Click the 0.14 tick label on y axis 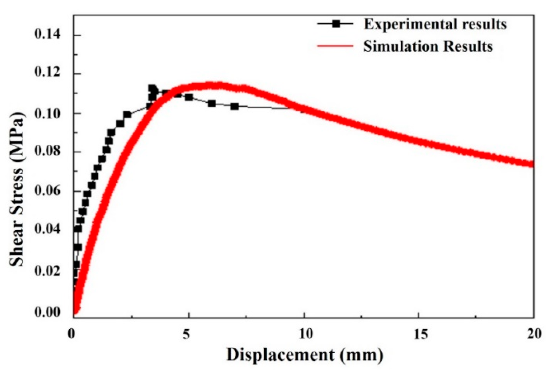pos(47,35)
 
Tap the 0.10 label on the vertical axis pos(47,113)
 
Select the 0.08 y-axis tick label pos(47,151)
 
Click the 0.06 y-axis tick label pos(47,191)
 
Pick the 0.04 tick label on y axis pos(47,230)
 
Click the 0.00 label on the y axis pos(47,312)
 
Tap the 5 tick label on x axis pos(186,334)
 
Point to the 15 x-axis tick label pos(421,334)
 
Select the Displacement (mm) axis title pos(305,355)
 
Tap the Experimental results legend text pos(435,24)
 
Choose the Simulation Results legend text pos(428,46)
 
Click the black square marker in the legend pos(336,24)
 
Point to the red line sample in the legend pos(335,46)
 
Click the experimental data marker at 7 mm pos(235,107)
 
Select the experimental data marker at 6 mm pos(212,103)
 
